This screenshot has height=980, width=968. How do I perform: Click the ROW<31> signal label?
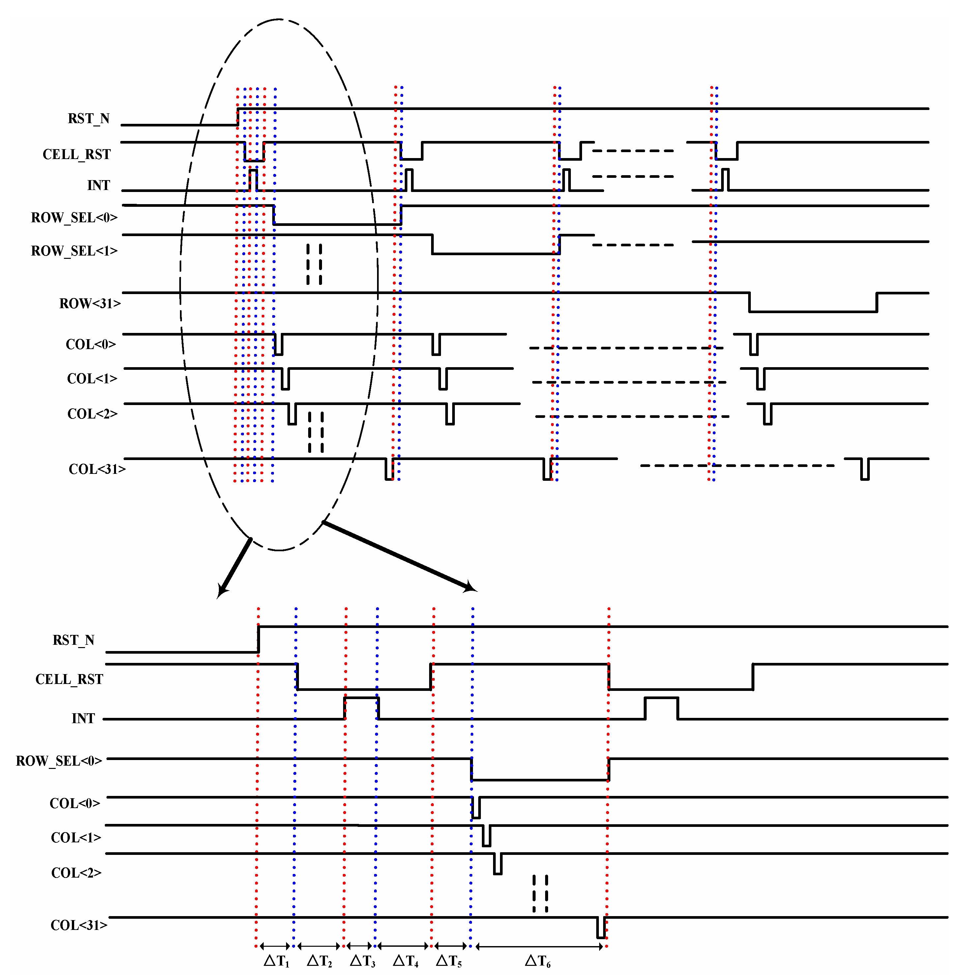[x=90, y=303]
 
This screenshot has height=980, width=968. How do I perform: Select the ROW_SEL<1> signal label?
[x=74, y=251]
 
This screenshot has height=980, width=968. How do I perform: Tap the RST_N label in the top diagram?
[x=89, y=119]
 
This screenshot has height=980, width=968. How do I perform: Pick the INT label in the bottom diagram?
[x=83, y=718]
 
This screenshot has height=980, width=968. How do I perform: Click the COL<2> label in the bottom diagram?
[x=76, y=872]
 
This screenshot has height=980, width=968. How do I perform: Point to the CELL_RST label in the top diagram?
[x=77, y=154]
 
